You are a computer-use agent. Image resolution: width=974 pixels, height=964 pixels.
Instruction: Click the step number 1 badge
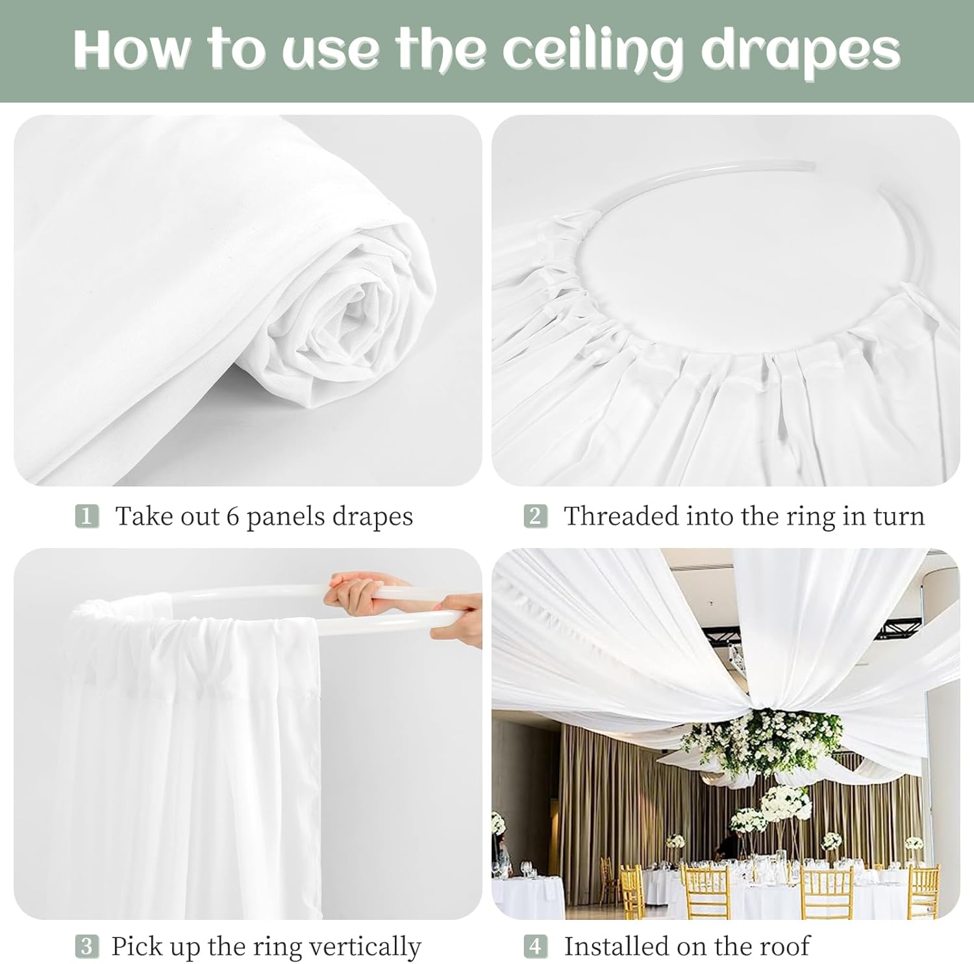click(x=86, y=517)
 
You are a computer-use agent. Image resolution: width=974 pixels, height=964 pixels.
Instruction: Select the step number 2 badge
click(x=535, y=517)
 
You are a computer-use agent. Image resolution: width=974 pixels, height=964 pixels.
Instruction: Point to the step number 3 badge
click(x=86, y=946)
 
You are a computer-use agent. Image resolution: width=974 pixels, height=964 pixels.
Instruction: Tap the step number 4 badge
click(x=535, y=946)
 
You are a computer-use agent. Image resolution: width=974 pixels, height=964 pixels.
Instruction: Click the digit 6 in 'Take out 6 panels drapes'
click(x=232, y=517)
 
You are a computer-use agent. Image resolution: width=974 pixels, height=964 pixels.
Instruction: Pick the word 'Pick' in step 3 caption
click(x=135, y=946)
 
